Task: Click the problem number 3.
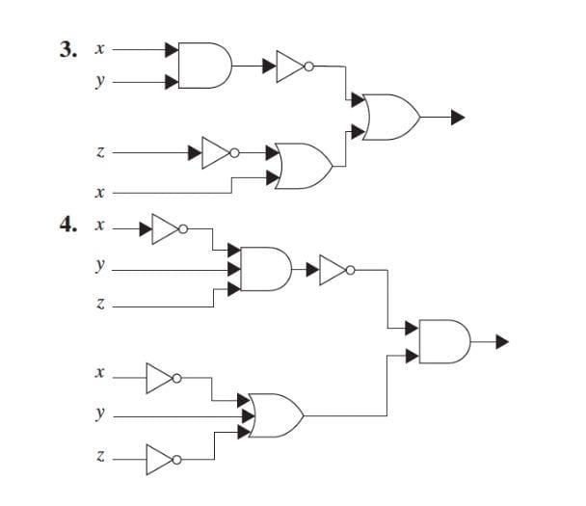tap(67, 49)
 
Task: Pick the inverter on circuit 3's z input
tap(218, 152)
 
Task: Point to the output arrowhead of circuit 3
tap(458, 118)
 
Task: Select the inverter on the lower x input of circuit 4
tap(162, 379)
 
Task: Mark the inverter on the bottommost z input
tap(162, 460)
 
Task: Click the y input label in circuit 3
tap(98, 83)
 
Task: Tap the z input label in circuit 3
tap(99, 152)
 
